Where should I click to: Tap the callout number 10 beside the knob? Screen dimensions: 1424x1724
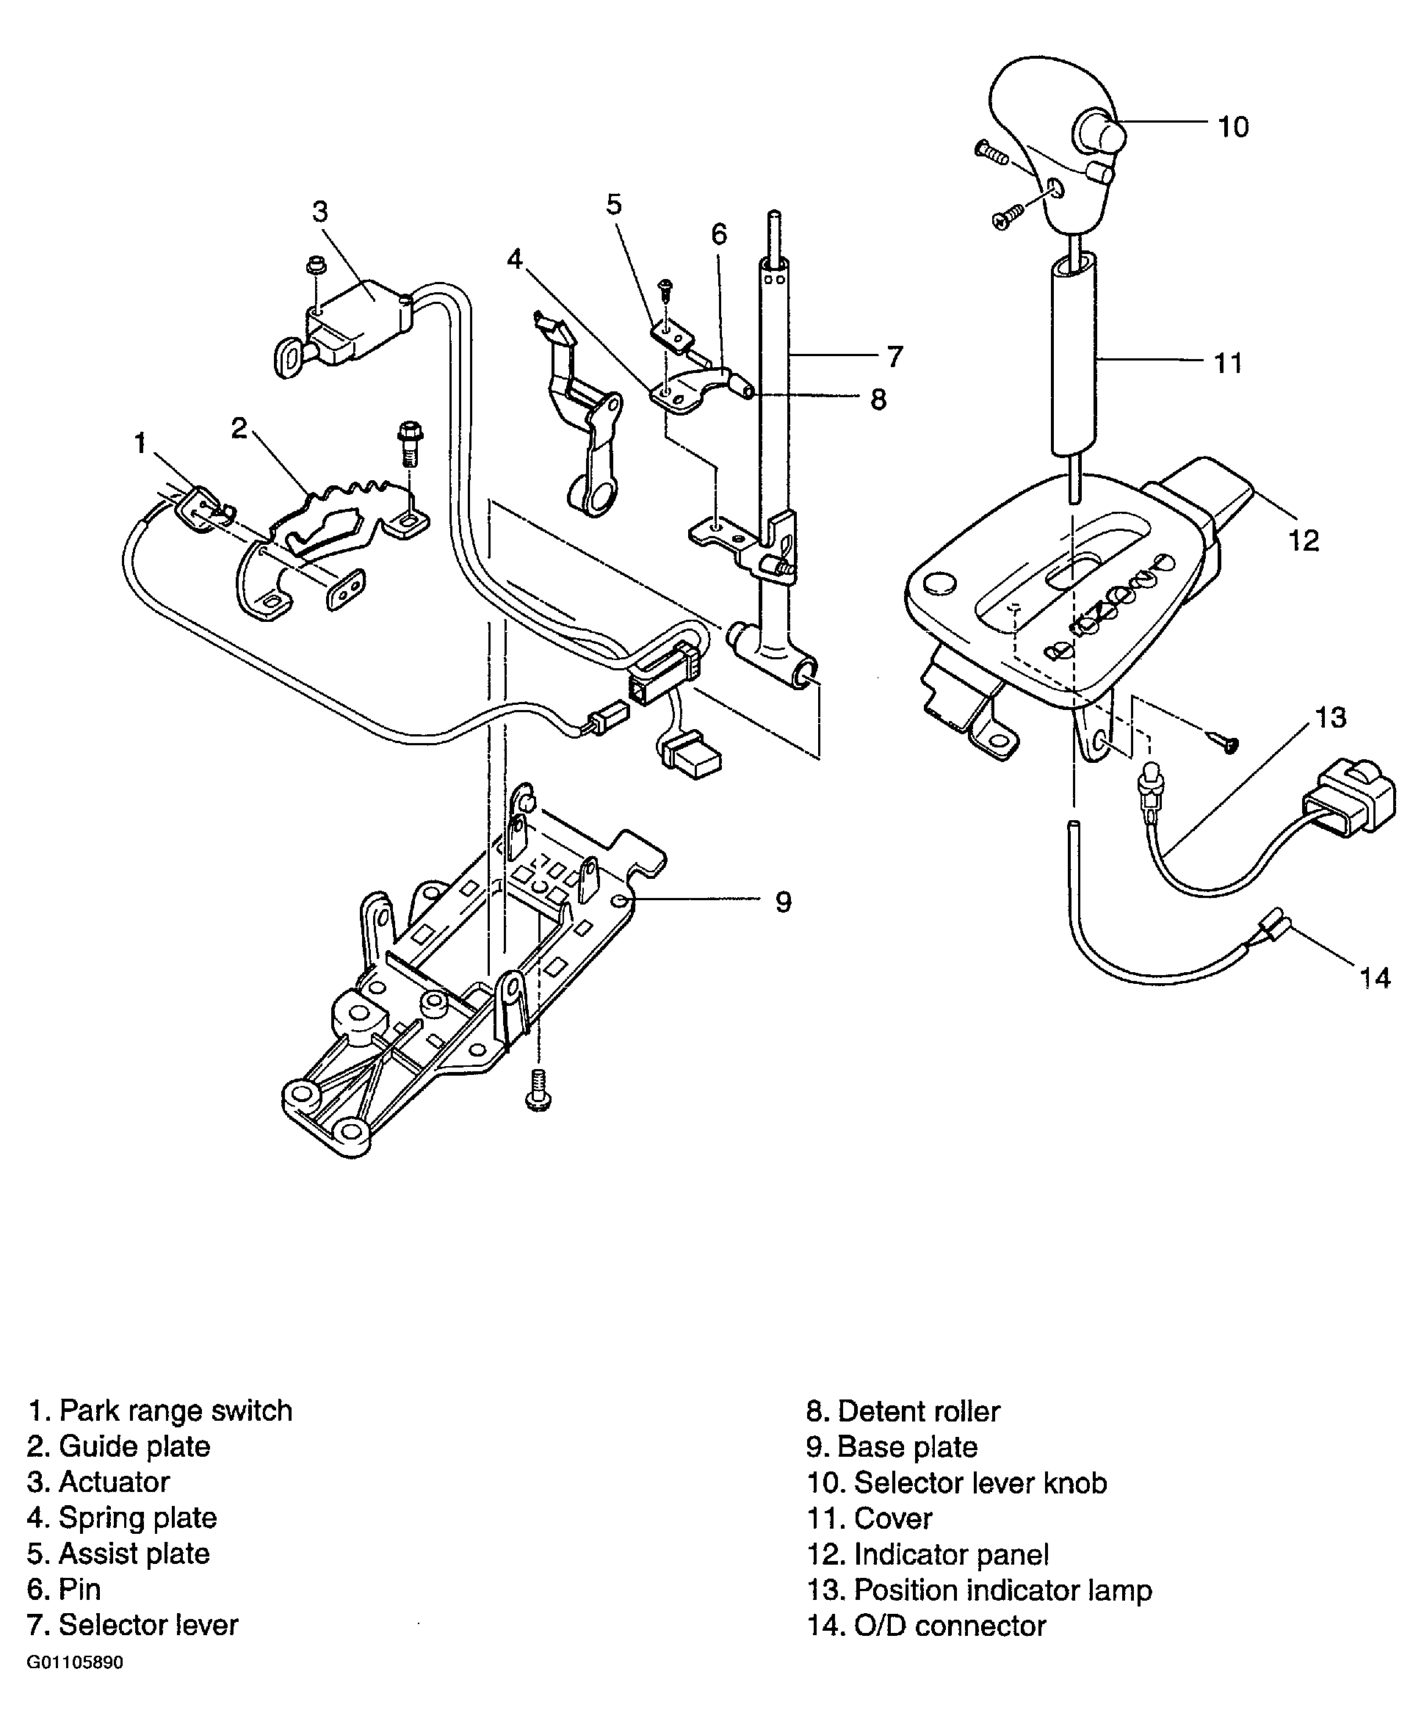coord(1233,127)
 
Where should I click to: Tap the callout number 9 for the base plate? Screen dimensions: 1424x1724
coord(784,902)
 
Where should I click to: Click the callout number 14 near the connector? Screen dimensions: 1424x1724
coord(1376,978)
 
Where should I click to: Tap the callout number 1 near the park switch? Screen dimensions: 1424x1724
coord(140,443)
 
